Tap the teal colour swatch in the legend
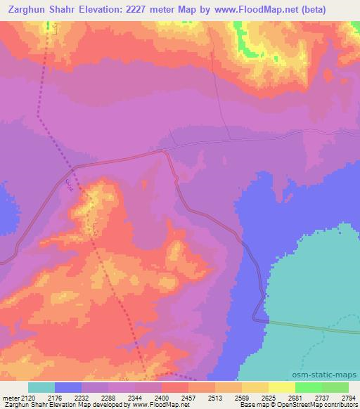(x=41, y=387)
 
